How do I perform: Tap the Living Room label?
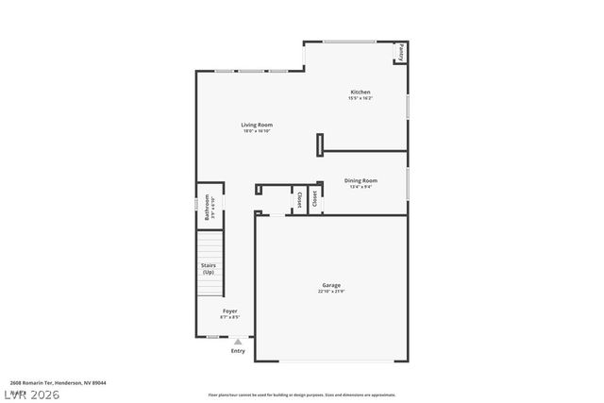coord(257,125)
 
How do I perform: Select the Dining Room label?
coord(361,180)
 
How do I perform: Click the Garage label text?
coord(331,285)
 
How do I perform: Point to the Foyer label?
coord(230,311)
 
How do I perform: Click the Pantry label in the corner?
coord(402,52)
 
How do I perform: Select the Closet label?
coord(300,200)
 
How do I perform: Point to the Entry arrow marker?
coord(238,342)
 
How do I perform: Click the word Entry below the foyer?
coord(238,351)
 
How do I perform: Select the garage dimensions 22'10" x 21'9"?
coord(331,292)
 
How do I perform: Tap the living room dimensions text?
coord(257,131)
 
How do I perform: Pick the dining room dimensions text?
coord(361,186)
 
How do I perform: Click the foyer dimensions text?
coord(230,317)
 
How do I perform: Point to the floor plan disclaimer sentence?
coord(302,395)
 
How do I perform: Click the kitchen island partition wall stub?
coord(320,143)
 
